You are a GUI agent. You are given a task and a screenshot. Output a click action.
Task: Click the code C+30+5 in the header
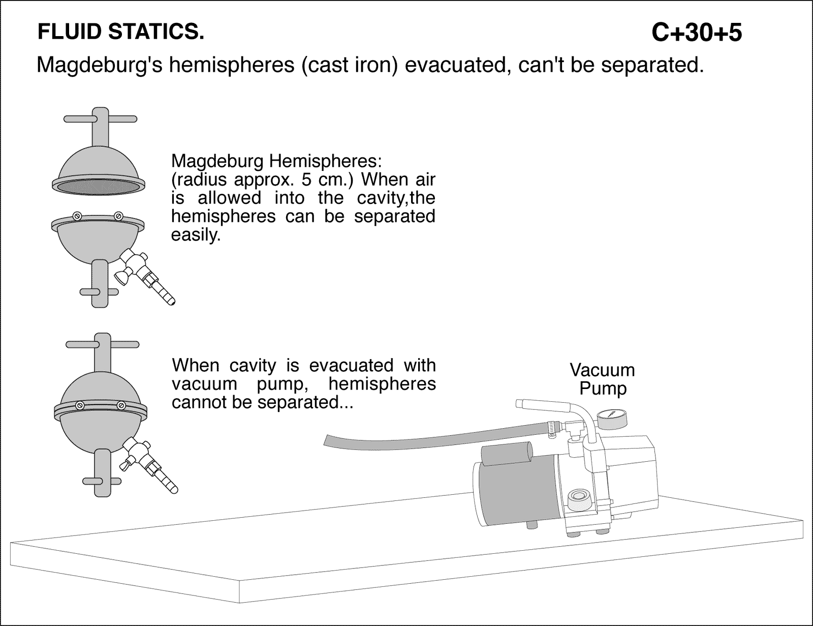coord(696,33)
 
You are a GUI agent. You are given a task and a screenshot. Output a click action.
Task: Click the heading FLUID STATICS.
coord(121,32)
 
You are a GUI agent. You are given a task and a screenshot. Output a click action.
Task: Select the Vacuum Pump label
coord(602,379)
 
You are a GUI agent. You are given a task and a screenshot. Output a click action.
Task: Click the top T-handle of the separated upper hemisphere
coord(100,120)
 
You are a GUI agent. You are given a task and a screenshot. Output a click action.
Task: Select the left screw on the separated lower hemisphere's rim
coord(77,216)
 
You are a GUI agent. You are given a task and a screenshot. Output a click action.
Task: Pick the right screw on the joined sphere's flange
coord(121,405)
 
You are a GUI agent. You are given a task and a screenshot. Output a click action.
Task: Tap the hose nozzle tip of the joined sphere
coord(174,489)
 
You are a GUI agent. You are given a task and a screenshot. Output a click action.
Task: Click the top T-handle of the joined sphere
coord(102,345)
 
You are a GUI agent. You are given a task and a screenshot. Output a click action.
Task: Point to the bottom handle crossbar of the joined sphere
coord(101,480)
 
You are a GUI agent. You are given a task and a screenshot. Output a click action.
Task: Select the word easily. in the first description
coord(196,235)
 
